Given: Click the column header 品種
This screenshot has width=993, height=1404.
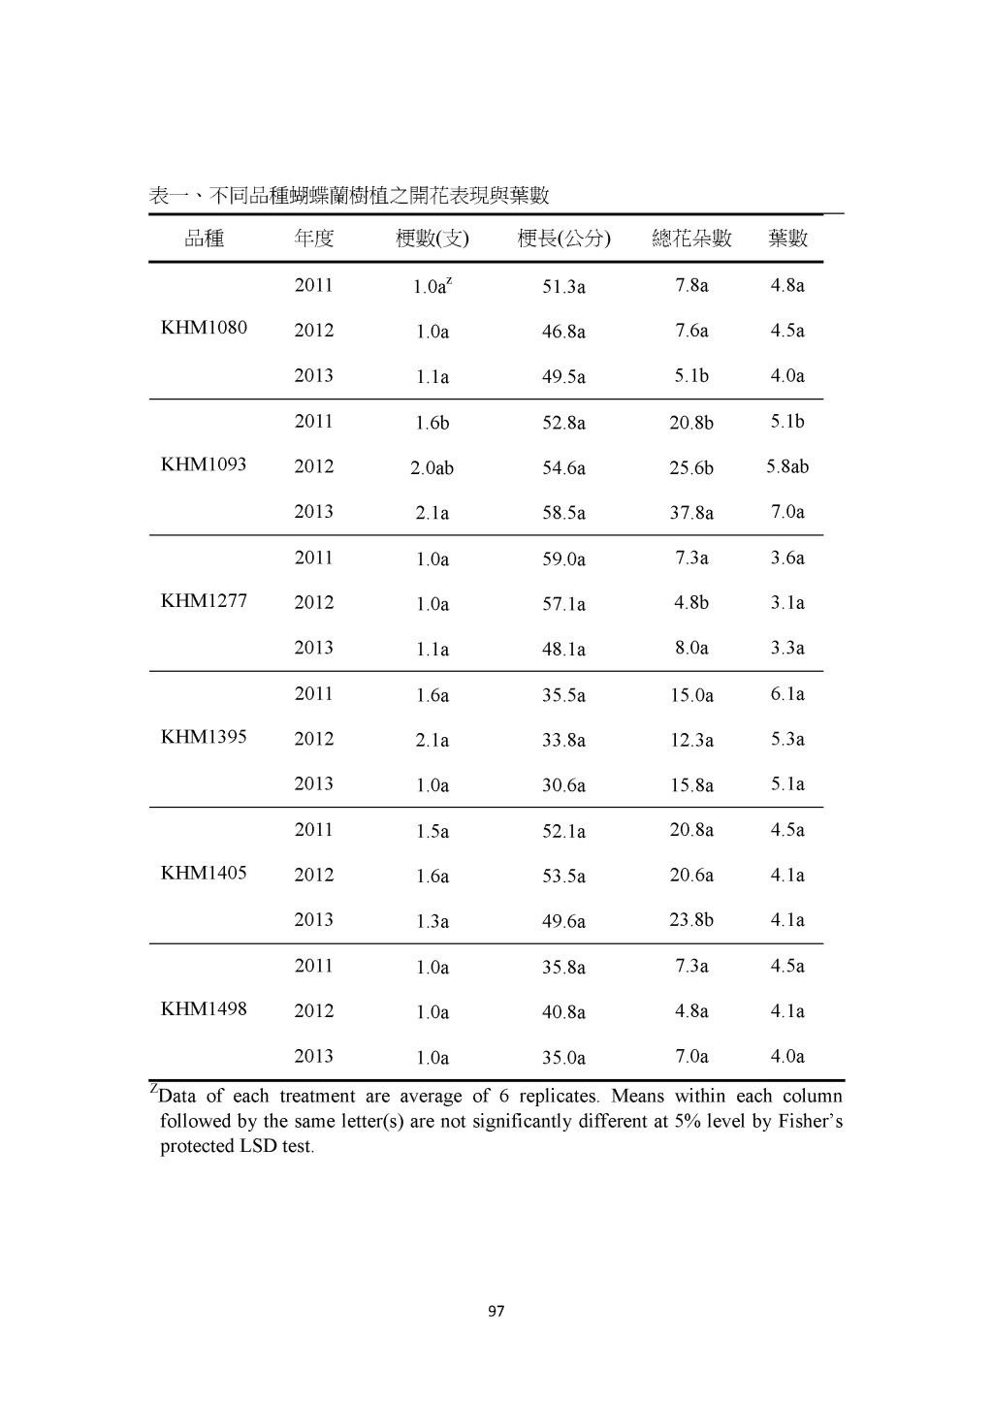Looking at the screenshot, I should (x=204, y=239).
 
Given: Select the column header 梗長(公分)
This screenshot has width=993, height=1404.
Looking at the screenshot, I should (x=563, y=239).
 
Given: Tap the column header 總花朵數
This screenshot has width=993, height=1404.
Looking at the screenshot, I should (x=691, y=239).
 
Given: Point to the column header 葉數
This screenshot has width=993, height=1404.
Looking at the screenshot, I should (x=787, y=239).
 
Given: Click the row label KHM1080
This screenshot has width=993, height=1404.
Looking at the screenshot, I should (x=204, y=328).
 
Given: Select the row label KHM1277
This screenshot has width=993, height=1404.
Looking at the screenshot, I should (x=204, y=601).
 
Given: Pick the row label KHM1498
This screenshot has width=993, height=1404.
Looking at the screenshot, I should (x=204, y=1009).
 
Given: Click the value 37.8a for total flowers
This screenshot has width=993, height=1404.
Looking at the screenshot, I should (x=691, y=513).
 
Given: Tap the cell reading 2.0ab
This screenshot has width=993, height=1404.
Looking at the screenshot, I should (x=432, y=468).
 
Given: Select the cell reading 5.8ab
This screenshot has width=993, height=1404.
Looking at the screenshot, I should (x=787, y=466).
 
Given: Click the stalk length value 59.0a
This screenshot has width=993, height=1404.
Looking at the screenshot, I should (x=563, y=559).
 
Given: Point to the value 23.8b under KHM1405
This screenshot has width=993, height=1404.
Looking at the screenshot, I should (x=691, y=920).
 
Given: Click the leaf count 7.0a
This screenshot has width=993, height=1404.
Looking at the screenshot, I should (x=787, y=512).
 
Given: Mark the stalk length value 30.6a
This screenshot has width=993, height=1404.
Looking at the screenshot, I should (x=563, y=785).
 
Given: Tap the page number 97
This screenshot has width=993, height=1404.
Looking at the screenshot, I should (x=496, y=1312).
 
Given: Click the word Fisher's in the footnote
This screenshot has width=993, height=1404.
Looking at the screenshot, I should (x=811, y=1122).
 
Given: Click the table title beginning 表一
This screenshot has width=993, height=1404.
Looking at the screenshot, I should (x=349, y=196).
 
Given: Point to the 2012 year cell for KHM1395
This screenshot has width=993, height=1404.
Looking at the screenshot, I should (x=313, y=739).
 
